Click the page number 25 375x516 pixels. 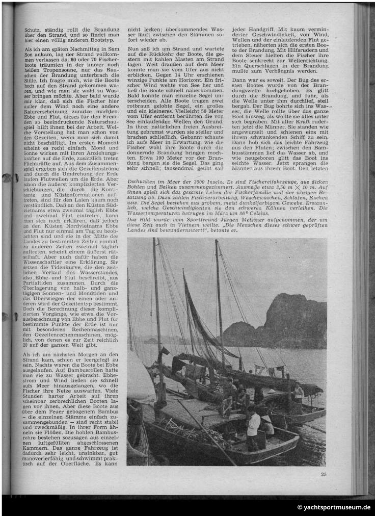click(x=324, y=474)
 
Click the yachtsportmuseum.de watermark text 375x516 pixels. click(x=334, y=507)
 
